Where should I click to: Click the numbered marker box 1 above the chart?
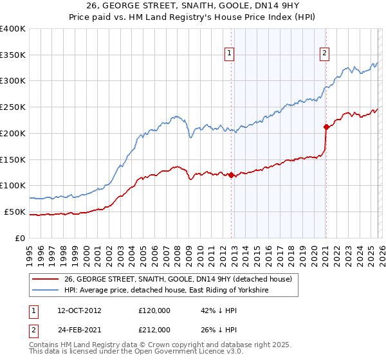coord(230,54)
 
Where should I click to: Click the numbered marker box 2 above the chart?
coord(325,54)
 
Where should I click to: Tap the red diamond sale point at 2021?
coord(326,127)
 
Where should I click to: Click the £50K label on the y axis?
coord(15,212)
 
